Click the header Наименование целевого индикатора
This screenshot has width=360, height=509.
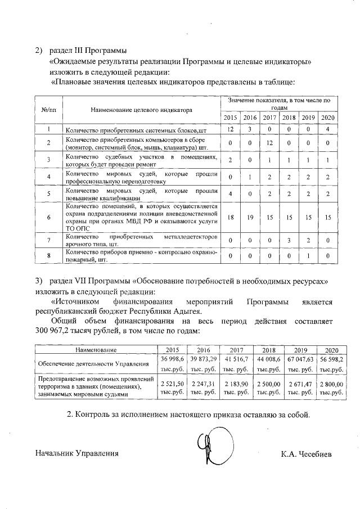(140, 110)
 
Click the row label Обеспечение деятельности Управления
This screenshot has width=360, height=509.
(85, 363)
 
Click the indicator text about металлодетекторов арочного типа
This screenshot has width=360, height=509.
(141, 240)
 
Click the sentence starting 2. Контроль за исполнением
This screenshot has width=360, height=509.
(188, 415)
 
